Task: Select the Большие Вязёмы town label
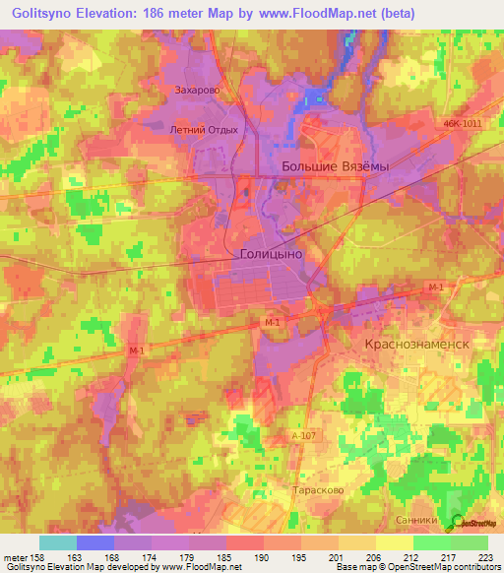(x=335, y=166)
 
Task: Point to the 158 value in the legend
(x=36, y=556)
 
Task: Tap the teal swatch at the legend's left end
(x=57, y=542)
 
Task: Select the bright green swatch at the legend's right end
(x=470, y=542)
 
